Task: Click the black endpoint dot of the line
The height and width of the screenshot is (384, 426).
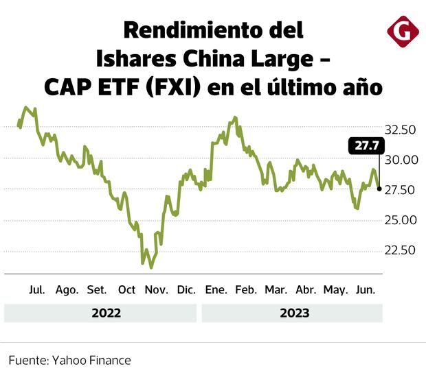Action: [x=380, y=189]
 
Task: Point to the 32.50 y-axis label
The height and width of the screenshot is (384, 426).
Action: [x=400, y=130]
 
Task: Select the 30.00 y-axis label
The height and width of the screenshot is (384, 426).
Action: [x=400, y=160]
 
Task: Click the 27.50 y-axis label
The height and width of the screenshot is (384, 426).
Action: [x=400, y=190]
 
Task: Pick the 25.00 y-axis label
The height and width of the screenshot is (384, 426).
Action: [x=400, y=220]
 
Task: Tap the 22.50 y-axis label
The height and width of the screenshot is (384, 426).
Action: [x=400, y=250]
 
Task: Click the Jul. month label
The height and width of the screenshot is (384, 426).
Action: [x=37, y=290]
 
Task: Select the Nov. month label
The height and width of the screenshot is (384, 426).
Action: [x=156, y=290]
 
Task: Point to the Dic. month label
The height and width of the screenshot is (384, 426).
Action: [x=186, y=290]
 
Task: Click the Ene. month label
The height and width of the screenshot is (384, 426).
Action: [x=216, y=290]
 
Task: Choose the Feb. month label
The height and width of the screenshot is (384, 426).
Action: [x=245, y=290]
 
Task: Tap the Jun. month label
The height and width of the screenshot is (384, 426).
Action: [x=365, y=290]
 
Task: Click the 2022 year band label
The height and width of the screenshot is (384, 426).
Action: [x=106, y=313]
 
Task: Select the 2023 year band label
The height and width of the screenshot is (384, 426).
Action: [x=294, y=313]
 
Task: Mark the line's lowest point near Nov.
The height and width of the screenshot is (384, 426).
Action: [x=151, y=267]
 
